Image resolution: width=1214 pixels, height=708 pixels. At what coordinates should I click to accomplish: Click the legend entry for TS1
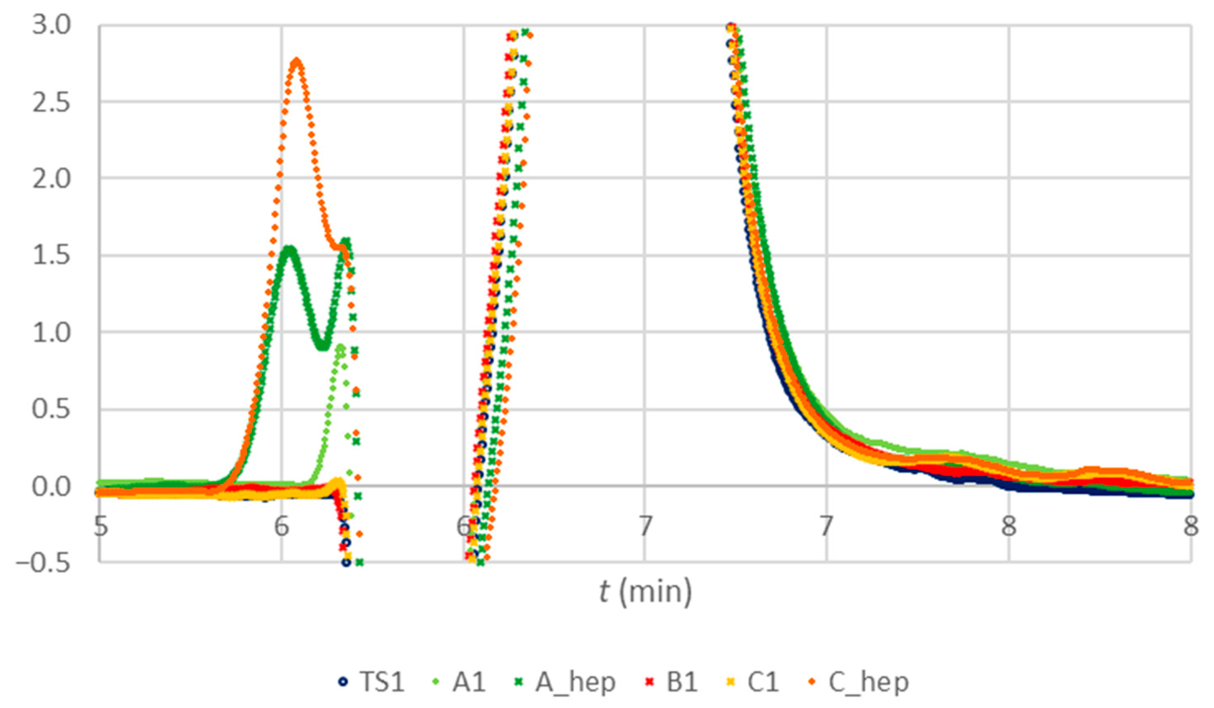pos(371,682)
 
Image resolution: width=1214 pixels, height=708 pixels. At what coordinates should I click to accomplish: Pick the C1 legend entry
pos(754,682)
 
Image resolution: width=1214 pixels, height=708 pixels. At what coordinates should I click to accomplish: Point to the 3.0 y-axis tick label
pos(51,25)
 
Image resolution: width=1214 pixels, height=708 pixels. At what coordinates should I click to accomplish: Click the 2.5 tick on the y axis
pos(51,102)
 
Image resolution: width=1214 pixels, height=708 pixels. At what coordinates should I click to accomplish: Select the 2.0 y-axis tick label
pos(51,179)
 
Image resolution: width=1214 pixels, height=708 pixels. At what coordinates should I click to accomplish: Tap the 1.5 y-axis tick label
pos(51,255)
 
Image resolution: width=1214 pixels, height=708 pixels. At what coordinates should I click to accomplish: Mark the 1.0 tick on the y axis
pos(51,332)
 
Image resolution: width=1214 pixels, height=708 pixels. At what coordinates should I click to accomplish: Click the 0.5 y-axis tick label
pos(51,409)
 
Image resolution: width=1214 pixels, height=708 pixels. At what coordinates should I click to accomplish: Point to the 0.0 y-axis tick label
pos(51,486)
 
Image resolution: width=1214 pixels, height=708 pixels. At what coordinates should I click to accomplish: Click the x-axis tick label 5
pos(100,526)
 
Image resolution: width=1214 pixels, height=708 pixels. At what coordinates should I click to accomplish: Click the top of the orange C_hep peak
pos(297,61)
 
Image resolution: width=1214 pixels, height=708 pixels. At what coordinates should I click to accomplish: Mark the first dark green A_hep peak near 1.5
pos(289,249)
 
